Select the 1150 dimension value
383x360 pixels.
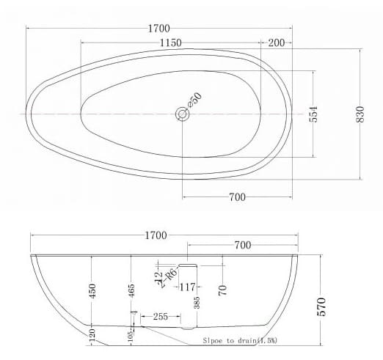pyautogui.click(x=170, y=43)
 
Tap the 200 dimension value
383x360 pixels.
pyautogui.click(x=277, y=43)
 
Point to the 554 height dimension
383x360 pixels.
pyautogui.click(x=314, y=114)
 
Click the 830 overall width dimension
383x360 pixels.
pyautogui.click(x=360, y=114)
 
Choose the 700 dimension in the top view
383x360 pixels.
pyautogui.click(x=237, y=197)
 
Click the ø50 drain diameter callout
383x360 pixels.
pyautogui.click(x=194, y=100)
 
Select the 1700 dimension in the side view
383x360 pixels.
pyautogui.click(x=156, y=235)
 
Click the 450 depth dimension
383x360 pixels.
pyautogui.click(x=91, y=291)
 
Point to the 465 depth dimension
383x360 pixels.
pyautogui.click(x=131, y=291)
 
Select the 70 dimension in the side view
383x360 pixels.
pyautogui.click(x=221, y=291)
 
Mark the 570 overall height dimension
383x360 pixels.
pyautogui.click(x=321, y=306)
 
